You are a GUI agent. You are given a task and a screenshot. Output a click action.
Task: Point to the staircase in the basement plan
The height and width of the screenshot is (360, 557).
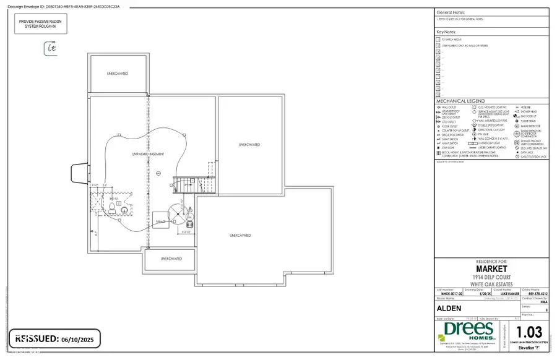tap(184, 184)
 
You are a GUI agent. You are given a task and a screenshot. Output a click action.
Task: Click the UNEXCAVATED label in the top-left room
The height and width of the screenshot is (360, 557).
tap(117, 74)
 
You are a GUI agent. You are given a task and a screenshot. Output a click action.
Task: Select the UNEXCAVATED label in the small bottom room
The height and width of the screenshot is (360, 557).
tap(170, 259)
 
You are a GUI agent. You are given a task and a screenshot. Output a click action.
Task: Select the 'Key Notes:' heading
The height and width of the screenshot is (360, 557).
tap(449, 31)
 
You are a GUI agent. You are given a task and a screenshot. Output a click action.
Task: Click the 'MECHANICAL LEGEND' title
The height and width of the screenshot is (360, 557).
tap(460, 101)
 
